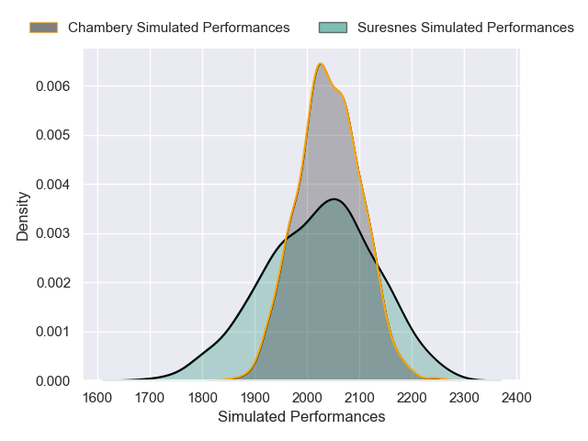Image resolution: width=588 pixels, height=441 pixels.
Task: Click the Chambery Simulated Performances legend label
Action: click(178, 28)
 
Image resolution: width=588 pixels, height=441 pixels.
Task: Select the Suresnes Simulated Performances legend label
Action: click(465, 28)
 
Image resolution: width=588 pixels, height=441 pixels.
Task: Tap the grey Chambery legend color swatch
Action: click(43, 28)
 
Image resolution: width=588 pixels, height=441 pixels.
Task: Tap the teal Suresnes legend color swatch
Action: click(332, 28)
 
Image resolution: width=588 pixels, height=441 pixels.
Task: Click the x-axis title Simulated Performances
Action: click(301, 417)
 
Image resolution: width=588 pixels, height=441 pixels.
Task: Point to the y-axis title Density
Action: click(24, 221)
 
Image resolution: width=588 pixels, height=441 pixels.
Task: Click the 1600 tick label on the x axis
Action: click(97, 398)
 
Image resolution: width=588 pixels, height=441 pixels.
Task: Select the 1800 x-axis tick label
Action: click(202, 398)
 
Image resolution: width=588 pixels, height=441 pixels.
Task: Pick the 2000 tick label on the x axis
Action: click(308, 398)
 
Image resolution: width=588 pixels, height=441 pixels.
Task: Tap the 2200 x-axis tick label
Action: click(413, 398)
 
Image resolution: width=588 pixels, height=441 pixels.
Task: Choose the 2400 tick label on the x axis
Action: click(518, 398)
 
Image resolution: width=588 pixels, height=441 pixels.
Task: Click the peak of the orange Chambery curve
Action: click(320, 63)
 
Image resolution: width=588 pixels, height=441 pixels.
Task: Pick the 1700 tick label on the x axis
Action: click(150, 398)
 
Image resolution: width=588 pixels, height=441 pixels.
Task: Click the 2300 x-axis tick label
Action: click(465, 398)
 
